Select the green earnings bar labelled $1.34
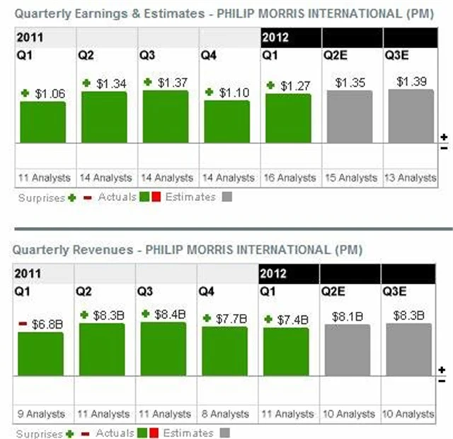pyautogui.click(x=104, y=117)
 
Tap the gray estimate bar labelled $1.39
pyautogui.click(x=411, y=116)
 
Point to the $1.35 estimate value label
pyautogui.click(x=350, y=83)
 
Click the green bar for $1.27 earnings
pyautogui.click(x=288, y=118)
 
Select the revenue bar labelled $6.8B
pyautogui.click(x=40, y=354)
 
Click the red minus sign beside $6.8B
pyautogui.click(x=22, y=323)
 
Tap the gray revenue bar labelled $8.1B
pyautogui.click(x=347, y=350)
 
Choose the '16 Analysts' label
pyautogui.click(x=288, y=178)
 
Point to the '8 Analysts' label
pyautogui.click(x=226, y=414)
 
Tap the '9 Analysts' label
pyautogui.click(x=41, y=414)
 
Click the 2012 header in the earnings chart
pyautogui.click(x=275, y=37)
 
